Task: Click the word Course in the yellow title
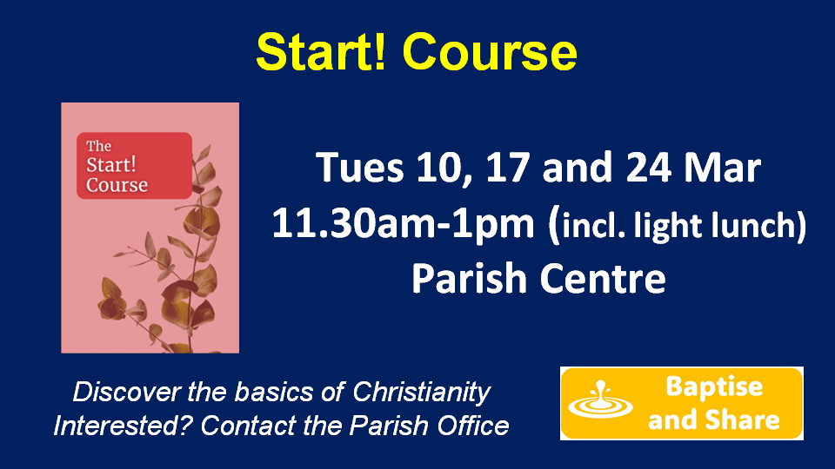click(x=490, y=52)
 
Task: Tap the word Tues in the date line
click(x=360, y=168)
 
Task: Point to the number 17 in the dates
click(x=508, y=168)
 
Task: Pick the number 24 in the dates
click(x=649, y=168)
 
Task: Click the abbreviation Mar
click(x=722, y=168)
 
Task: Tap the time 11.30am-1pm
click(x=403, y=224)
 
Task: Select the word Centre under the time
click(x=602, y=279)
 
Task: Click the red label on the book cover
click(x=134, y=165)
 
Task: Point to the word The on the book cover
click(x=98, y=146)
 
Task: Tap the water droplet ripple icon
click(x=600, y=400)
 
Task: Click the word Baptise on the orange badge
click(x=714, y=386)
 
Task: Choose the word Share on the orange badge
click(x=743, y=419)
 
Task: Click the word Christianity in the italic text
click(x=421, y=393)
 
